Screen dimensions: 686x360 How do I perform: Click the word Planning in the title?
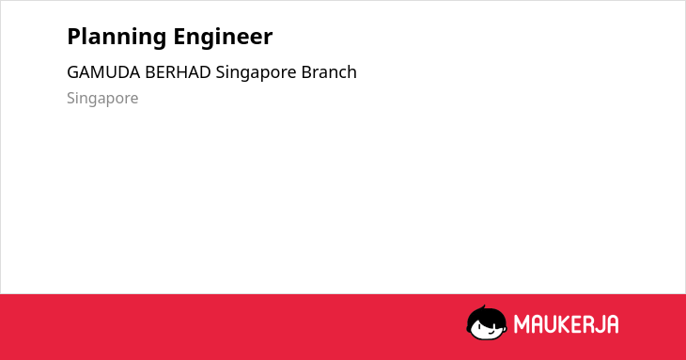[117, 38]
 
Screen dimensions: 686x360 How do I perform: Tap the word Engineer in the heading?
[223, 38]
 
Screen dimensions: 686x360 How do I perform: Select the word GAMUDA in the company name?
[103, 72]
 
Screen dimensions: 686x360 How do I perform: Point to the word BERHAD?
[178, 72]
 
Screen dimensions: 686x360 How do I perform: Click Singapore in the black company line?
[256, 73]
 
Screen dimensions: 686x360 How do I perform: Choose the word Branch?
[329, 72]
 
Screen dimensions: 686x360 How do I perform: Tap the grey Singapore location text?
[102, 99]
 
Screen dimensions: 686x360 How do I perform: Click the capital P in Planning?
[74, 37]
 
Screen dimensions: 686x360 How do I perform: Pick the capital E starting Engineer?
[179, 37]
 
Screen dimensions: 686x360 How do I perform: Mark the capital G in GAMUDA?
[73, 72]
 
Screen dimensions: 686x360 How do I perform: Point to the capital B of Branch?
[306, 72]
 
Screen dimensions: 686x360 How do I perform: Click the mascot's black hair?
[485, 316]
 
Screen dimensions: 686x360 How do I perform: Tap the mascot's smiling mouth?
[491, 332]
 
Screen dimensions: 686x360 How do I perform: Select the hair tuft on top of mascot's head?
[483, 307]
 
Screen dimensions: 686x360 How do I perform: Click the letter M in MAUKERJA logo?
[522, 324]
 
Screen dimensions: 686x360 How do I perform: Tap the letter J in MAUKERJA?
[599, 324]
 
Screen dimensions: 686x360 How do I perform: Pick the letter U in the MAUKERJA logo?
[551, 324]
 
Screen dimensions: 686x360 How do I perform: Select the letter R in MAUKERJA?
[587, 324]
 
